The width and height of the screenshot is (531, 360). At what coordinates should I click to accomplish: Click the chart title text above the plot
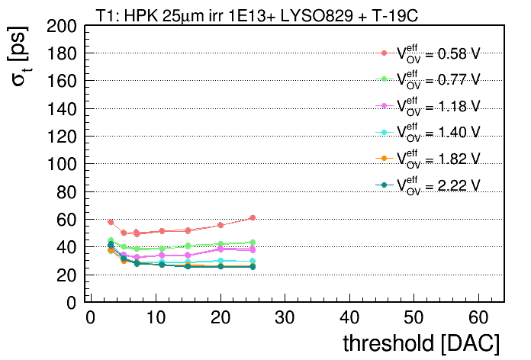point(257,15)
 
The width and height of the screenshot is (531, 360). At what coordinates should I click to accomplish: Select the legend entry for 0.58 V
point(428,53)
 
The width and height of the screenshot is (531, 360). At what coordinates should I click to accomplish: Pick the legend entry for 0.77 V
point(428,79)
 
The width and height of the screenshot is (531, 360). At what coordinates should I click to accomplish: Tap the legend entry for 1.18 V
point(428,106)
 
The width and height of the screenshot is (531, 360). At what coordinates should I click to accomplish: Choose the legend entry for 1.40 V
point(428,133)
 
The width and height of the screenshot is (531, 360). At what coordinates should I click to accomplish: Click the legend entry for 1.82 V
point(428,159)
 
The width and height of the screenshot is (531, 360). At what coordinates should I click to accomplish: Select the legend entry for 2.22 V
point(428,185)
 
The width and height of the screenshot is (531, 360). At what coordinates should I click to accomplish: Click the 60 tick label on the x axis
point(478,317)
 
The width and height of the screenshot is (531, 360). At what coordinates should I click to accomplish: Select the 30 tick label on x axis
point(285,317)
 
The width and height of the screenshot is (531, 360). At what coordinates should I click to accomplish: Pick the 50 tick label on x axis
point(414,317)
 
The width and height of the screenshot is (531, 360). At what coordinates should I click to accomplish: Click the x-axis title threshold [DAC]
point(421,343)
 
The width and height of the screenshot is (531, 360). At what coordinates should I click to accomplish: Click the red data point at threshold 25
point(253,218)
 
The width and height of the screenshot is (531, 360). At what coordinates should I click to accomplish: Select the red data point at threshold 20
point(220,225)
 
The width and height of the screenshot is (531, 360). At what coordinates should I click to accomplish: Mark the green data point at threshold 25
point(253,243)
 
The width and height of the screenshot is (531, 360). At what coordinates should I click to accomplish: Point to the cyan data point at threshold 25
point(253,261)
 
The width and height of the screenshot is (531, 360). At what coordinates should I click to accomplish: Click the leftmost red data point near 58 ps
point(111,222)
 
